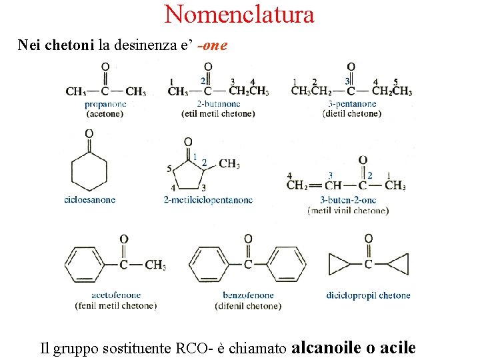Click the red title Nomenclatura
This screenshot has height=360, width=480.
tap(239, 14)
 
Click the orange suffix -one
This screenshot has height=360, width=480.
tap(213, 45)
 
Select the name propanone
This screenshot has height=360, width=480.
tap(105, 105)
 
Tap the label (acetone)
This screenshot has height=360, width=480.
tap(105, 114)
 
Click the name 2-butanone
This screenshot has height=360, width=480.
tap(219, 104)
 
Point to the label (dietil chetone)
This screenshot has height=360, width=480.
tap(352, 113)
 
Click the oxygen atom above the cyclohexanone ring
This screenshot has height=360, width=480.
tap(89, 133)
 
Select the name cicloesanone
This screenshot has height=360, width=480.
tap(90, 200)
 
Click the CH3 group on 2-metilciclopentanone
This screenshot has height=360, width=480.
tap(229, 164)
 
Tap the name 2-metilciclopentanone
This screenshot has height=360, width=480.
tap(208, 200)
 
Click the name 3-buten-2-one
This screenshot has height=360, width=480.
tap(348, 200)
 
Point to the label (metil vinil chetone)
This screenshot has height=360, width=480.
tap(348, 211)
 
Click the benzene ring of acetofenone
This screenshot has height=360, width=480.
tap(85, 265)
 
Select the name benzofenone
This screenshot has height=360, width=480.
tap(248, 295)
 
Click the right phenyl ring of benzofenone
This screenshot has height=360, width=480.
tap(286, 264)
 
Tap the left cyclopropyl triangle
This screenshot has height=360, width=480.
tap(338, 264)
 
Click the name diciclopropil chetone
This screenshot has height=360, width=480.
tap(368, 295)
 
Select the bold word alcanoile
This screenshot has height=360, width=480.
tap(326, 348)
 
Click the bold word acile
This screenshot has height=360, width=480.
tap(398, 348)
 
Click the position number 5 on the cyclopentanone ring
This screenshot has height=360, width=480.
tap(169, 169)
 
